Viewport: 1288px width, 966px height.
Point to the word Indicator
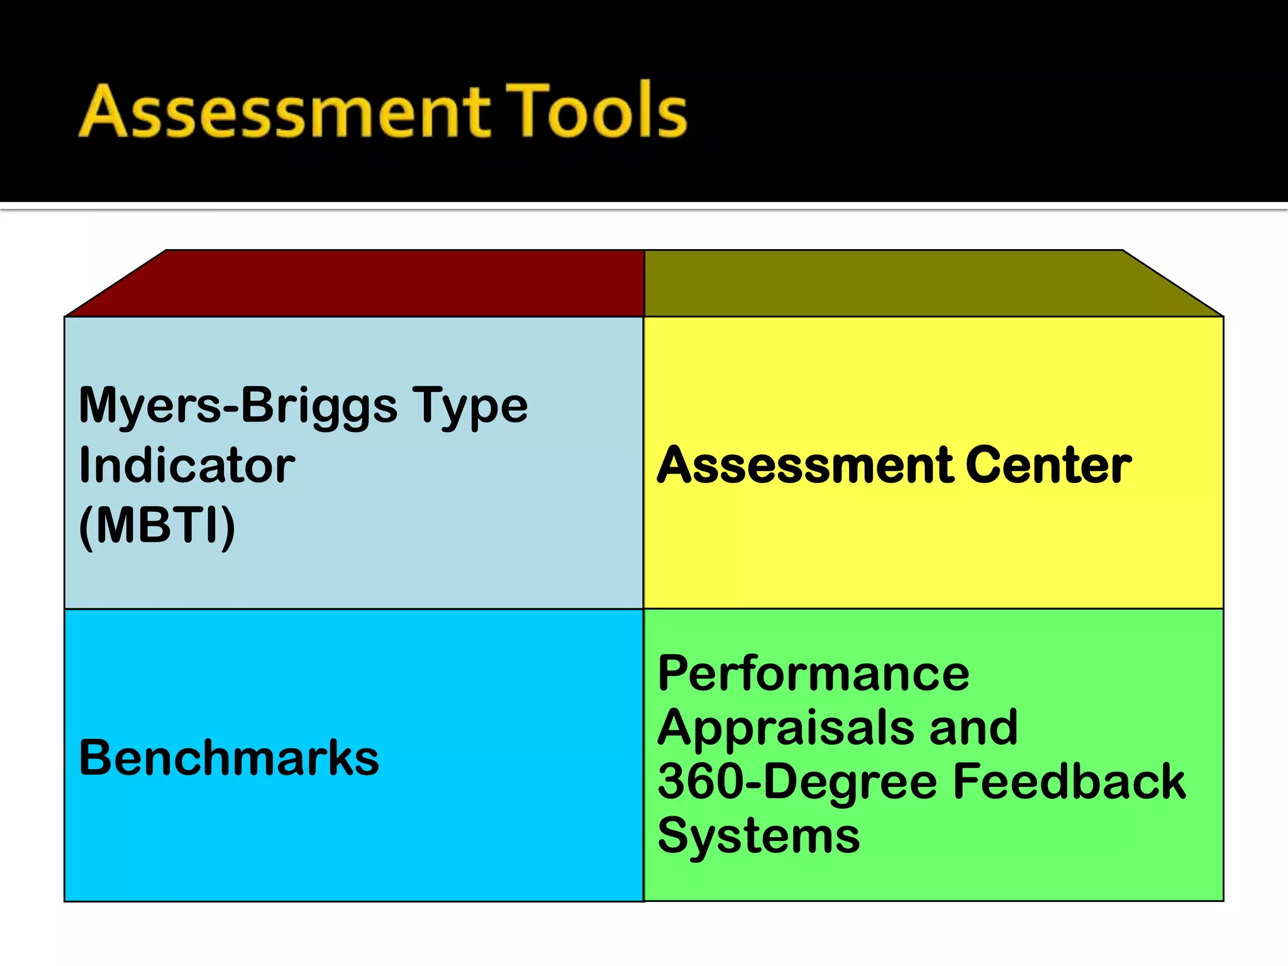187,465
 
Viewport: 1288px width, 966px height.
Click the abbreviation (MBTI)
157,526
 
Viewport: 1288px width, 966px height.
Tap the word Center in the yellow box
1048,465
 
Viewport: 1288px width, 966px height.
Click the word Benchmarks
229,758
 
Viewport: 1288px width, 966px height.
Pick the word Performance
813,674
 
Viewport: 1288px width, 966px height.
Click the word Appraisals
786,728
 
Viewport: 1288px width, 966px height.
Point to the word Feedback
1069,782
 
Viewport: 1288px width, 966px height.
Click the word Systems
758,836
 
